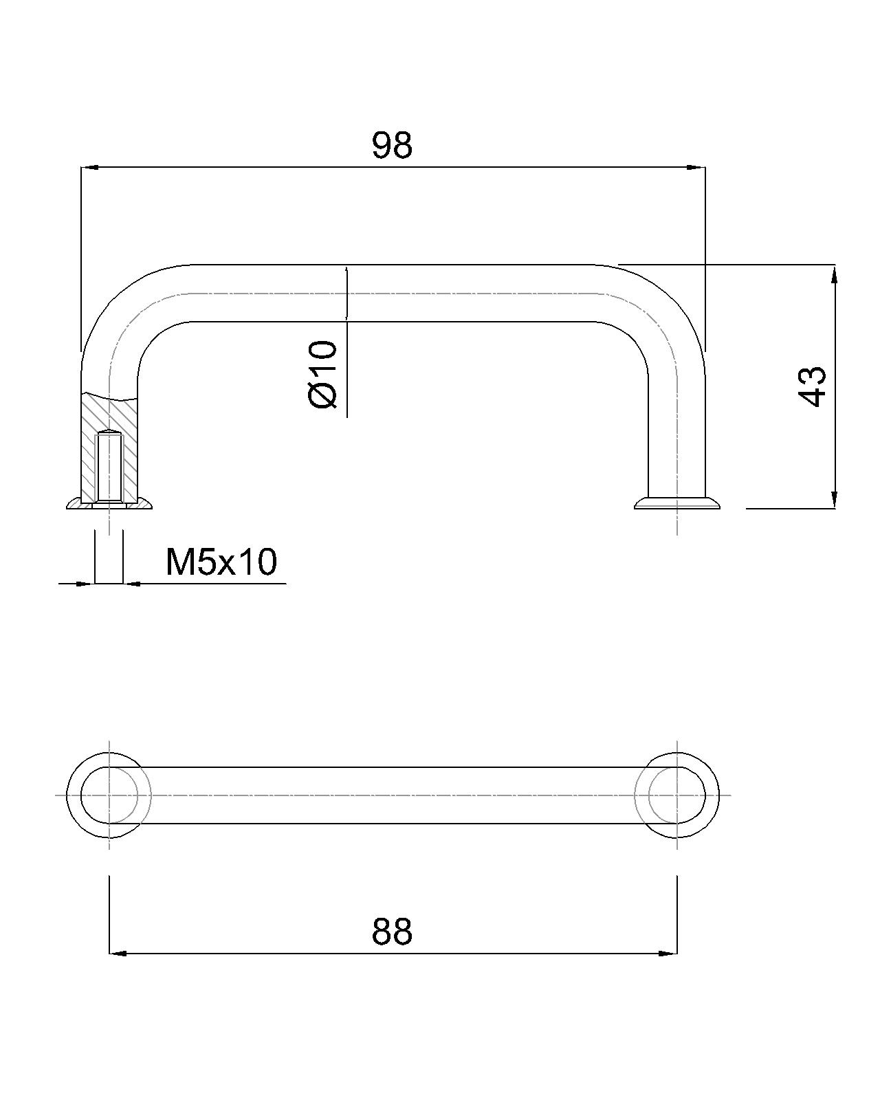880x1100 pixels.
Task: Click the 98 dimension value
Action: click(392, 145)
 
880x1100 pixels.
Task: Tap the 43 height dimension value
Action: click(812, 386)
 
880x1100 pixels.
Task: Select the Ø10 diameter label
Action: click(323, 375)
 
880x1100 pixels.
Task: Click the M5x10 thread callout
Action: click(221, 562)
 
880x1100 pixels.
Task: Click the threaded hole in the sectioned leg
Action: click(109, 467)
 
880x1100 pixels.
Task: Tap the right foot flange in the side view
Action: click(677, 503)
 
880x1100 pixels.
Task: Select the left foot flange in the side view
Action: click(109, 503)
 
